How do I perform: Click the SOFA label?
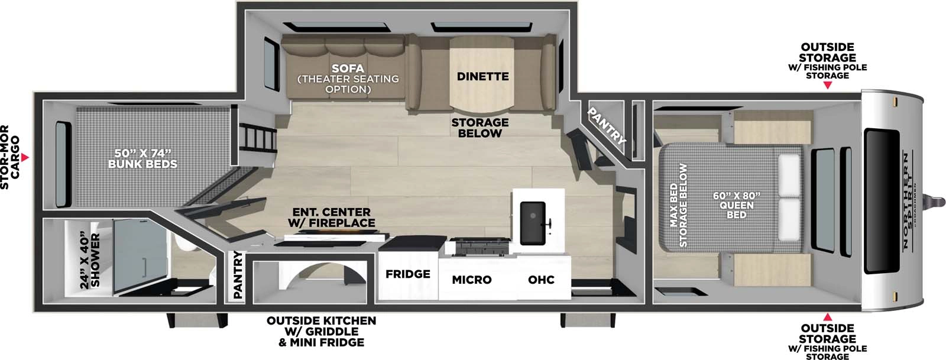[348, 69]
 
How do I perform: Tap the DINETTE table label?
[482, 76]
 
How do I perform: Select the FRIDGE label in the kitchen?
[407, 274]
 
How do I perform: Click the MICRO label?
[471, 280]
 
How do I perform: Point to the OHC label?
[541, 280]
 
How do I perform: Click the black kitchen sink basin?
[532, 222]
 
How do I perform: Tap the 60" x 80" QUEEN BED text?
[736, 205]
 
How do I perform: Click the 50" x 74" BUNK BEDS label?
[142, 158]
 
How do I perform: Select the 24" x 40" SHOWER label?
[90, 261]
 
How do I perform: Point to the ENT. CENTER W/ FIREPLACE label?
[331, 217]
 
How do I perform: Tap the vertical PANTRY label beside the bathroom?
[238, 274]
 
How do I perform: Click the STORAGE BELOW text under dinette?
[480, 128]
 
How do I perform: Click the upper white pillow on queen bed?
[789, 176]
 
